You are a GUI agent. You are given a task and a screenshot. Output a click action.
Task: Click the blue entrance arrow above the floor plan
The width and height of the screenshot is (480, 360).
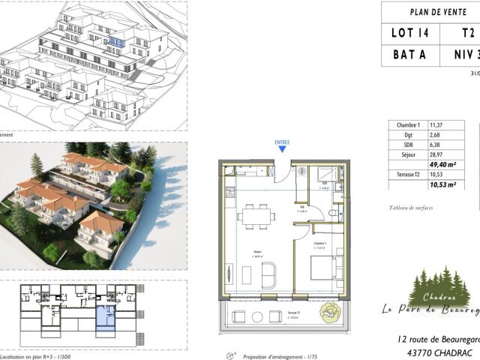point(282,148)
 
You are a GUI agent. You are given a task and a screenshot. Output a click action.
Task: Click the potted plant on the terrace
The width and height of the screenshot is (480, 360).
point(330,313)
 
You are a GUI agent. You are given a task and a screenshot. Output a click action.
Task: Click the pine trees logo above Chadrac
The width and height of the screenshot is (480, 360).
point(439,286)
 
